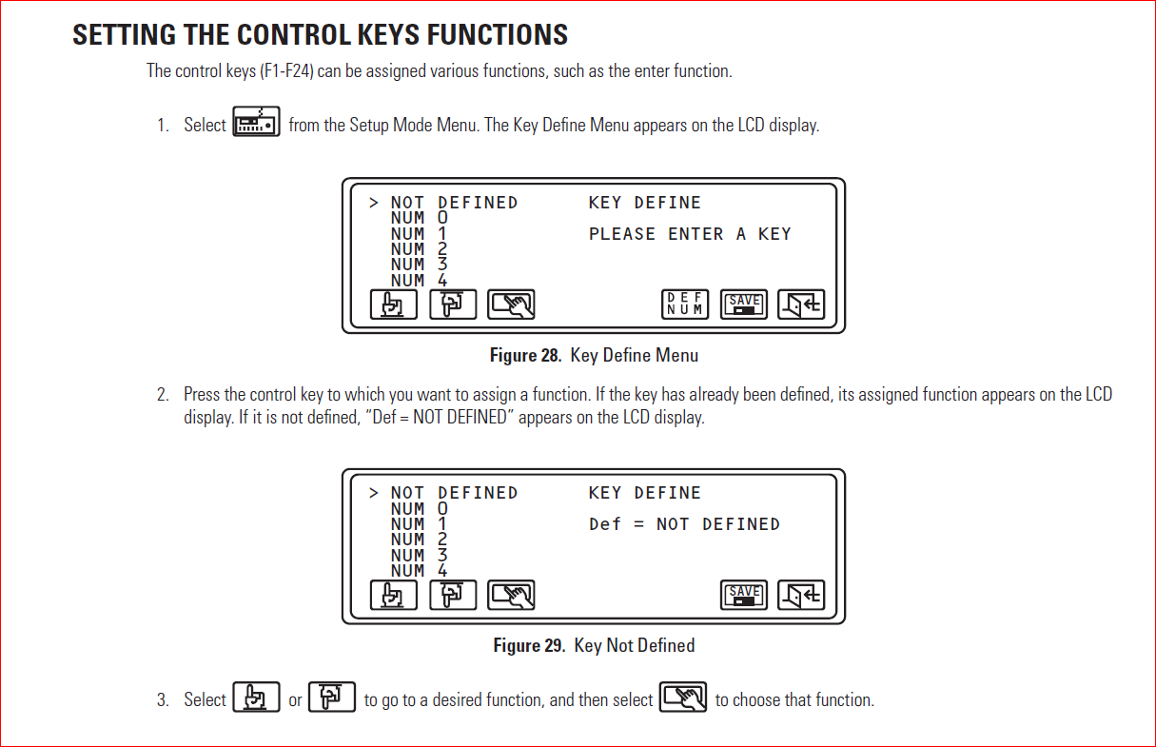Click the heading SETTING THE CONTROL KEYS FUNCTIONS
[320, 35]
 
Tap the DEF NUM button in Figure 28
[684, 305]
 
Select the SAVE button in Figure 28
[743, 305]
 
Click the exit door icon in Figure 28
[801, 305]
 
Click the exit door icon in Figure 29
[801, 595]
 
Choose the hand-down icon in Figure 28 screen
[394, 305]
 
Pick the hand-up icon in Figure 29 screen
[453, 595]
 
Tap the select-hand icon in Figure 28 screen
[511, 305]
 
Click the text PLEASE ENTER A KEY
[689, 234]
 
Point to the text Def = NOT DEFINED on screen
[683, 524]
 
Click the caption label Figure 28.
[526, 356]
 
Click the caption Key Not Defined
[635, 646]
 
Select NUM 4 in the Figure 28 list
[418, 281]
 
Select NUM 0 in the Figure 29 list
[418, 509]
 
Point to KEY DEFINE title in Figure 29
[644, 493]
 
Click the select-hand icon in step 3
[683, 698]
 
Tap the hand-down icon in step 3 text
[256, 698]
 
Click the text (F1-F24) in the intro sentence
[286, 71]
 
